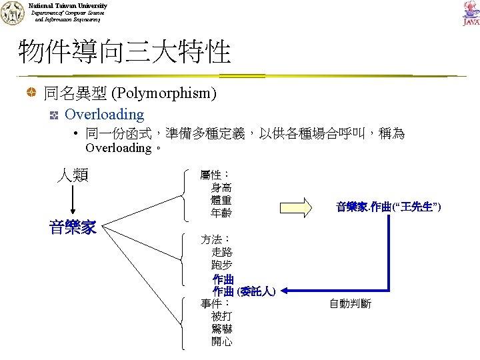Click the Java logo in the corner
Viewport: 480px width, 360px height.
pyautogui.click(x=470, y=13)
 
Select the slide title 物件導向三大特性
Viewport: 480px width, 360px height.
pyautogui.click(x=125, y=51)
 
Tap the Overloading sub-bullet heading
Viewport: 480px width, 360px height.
pyautogui.click(x=104, y=115)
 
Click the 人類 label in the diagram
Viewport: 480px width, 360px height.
pyautogui.click(x=72, y=175)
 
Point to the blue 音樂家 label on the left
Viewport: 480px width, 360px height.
pyautogui.click(x=73, y=228)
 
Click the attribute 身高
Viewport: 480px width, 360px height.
pyautogui.click(x=221, y=188)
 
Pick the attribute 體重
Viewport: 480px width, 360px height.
pyautogui.click(x=221, y=201)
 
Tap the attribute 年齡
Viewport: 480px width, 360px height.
pyautogui.click(x=221, y=213)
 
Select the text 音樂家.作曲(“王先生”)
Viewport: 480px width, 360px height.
pyautogui.click(x=389, y=207)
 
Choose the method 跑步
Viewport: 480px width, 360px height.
pyautogui.click(x=222, y=265)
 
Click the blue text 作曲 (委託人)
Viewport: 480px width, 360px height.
pyautogui.click(x=244, y=291)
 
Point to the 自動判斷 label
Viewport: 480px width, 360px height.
pyautogui.click(x=350, y=304)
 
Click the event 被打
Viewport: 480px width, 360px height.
pyautogui.click(x=222, y=316)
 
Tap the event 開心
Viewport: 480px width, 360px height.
pyautogui.click(x=222, y=341)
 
